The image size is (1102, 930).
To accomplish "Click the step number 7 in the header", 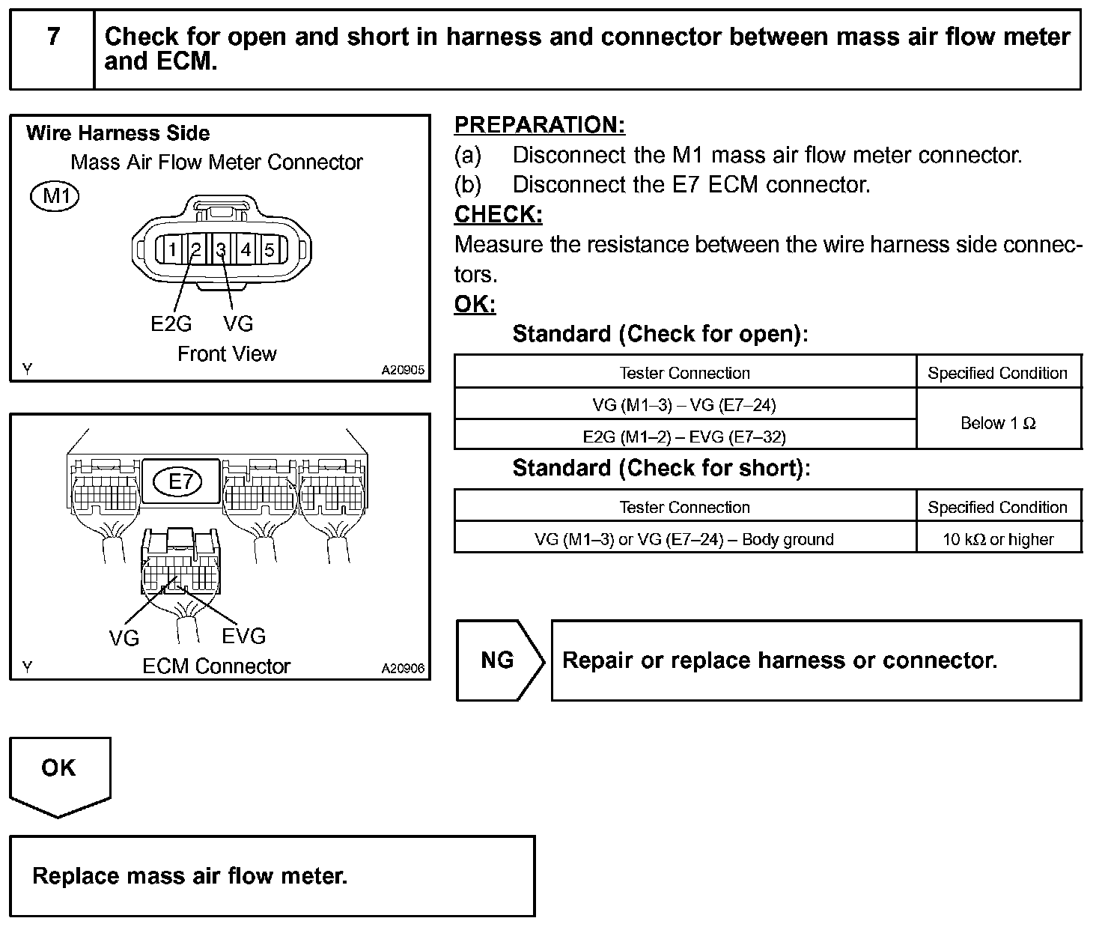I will tap(53, 37).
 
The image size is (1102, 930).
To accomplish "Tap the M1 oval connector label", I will tap(55, 196).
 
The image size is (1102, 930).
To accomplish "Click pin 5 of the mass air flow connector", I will tap(270, 249).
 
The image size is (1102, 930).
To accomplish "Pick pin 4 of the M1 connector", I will tap(246, 249).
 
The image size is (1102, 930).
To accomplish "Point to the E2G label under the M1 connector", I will tap(171, 323).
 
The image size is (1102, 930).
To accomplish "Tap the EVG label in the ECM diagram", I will tap(244, 636).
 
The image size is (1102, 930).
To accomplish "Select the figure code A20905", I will tap(403, 370).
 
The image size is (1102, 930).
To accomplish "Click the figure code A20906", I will tap(403, 668).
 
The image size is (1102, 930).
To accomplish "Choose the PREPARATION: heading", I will tap(540, 125).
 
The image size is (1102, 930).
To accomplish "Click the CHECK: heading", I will tap(498, 215).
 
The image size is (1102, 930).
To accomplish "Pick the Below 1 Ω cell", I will tap(998, 423).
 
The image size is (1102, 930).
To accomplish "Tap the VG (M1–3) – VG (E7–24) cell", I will tap(684, 405).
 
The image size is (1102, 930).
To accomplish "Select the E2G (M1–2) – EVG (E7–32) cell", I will tap(684, 436).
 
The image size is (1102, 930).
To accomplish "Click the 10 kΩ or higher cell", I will tap(998, 539).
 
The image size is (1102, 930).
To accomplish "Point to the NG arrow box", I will tap(498, 660).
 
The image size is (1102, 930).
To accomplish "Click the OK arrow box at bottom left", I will tap(59, 771).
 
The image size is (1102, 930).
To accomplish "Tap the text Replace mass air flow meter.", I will tap(190, 876).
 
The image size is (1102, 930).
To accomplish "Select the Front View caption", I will tap(227, 354).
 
